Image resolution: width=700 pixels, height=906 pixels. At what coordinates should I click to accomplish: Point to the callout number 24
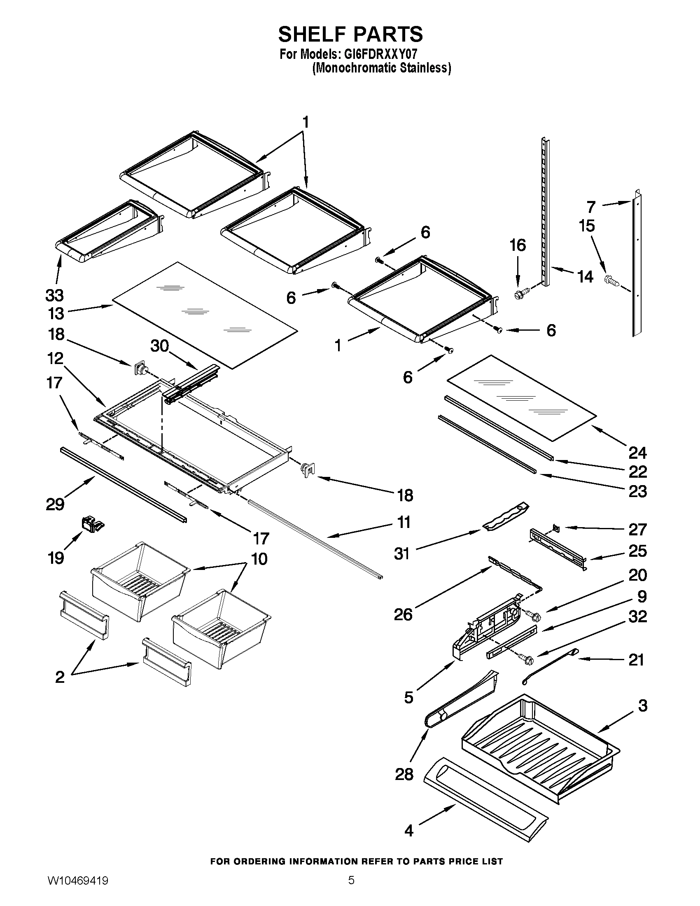coord(637,453)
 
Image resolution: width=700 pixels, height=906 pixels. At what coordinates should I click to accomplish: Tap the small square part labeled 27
coord(556,528)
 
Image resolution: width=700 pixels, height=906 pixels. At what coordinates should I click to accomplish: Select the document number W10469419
coord(78,889)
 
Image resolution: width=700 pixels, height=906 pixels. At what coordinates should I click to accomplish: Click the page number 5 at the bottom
coord(351,889)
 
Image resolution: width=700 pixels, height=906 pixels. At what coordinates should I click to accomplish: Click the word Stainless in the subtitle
coord(425,68)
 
